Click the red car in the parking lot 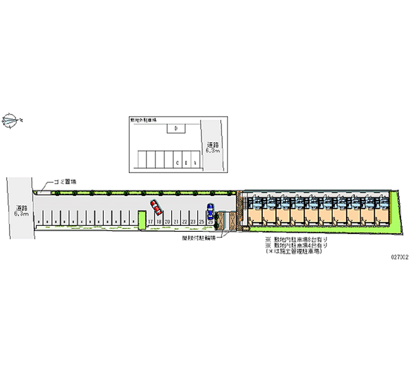pyautogui.click(x=156, y=207)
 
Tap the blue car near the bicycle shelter pyautogui.click(x=210, y=210)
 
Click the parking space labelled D pyautogui.click(x=176, y=129)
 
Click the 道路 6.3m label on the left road pyautogui.click(x=21, y=211)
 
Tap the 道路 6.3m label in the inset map pyautogui.click(x=213, y=147)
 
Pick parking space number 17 pyautogui.click(x=150, y=221)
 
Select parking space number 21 pyautogui.click(x=175, y=221)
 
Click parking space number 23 pyautogui.click(x=193, y=221)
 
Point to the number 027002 pyautogui.click(x=398, y=258)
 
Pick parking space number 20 pyautogui.click(x=167, y=221)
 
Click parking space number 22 pyautogui.click(x=184, y=221)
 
